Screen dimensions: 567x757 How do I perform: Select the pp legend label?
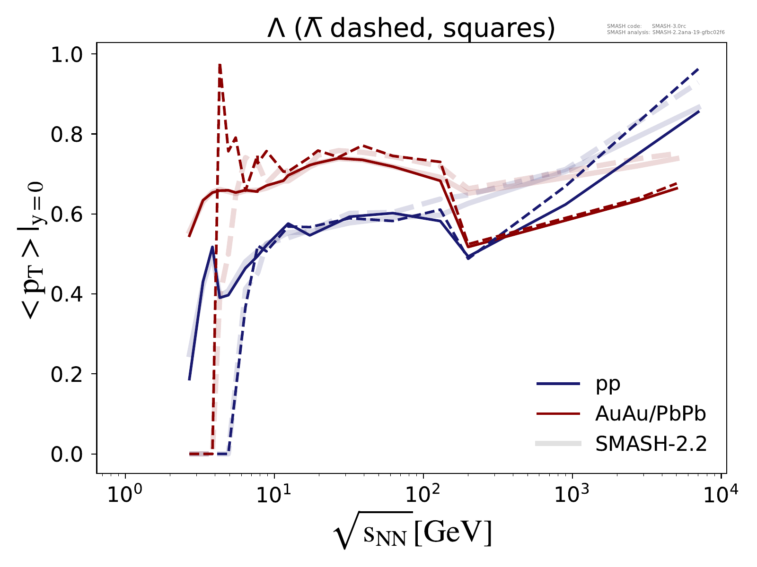click(608, 384)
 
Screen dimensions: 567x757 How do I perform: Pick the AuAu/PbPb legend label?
click(651, 414)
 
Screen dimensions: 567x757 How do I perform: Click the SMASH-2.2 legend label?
click(651, 444)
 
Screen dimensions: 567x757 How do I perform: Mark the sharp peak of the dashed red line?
click(220, 65)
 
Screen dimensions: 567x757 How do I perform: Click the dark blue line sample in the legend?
click(558, 384)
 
